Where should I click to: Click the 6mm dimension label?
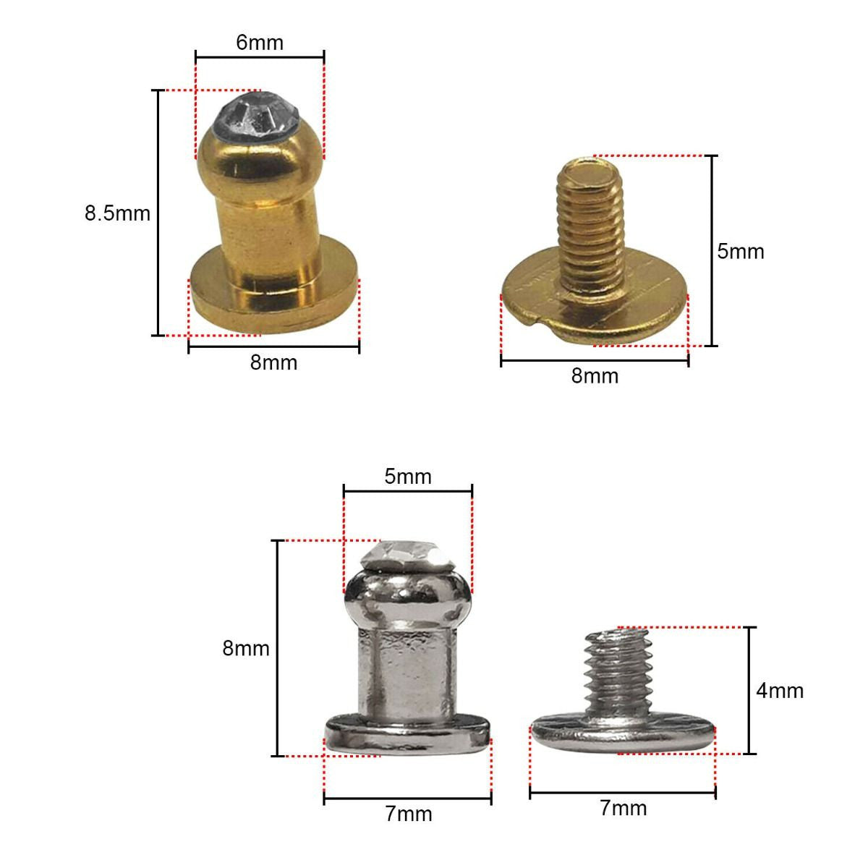click(260, 43)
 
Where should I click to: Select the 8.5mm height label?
click(117, 214)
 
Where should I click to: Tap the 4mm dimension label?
click(780, 691)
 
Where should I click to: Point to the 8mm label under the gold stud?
click(273, 362)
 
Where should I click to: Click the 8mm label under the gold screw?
click(595, 376)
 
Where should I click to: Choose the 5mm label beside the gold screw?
click(740, 252)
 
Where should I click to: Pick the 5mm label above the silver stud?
click(408, 477)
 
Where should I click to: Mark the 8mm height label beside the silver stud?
click(245, 649)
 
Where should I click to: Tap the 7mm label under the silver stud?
click(408, 814)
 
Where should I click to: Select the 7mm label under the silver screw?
click(623, 808)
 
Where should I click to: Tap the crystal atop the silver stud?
click(407, 556)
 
